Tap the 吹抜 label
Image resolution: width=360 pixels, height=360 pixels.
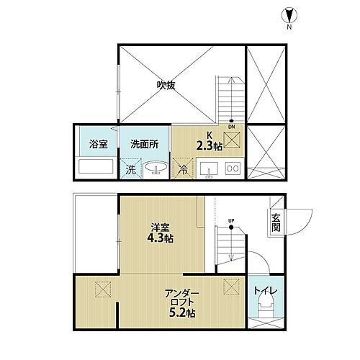pyautogui.click(x=167, y=85)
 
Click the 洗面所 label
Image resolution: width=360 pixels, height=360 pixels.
pyautogui.click(x=144, y=143)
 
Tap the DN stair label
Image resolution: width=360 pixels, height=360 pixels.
pyautogui.click(x=232, y=127)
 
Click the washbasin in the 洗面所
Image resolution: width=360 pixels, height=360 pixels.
pyautogui.click(x=153, y=171)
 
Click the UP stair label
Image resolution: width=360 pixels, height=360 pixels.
pyautogui.click(x=232, y=220)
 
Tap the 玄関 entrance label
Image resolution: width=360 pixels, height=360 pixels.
pyautogui.click(x=276, y=223)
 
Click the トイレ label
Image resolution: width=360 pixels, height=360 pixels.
pyautogui.click(x=266, y=292)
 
